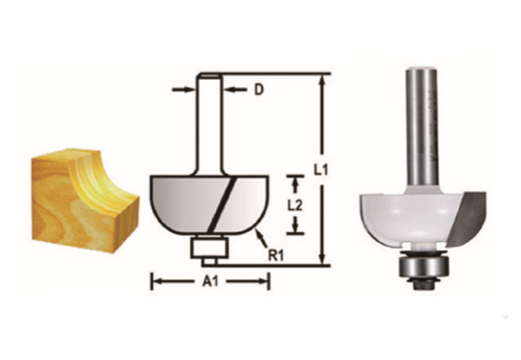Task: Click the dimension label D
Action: coord(258,91)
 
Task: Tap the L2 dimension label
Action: coord(298,204)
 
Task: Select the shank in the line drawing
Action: coord(208,125)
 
